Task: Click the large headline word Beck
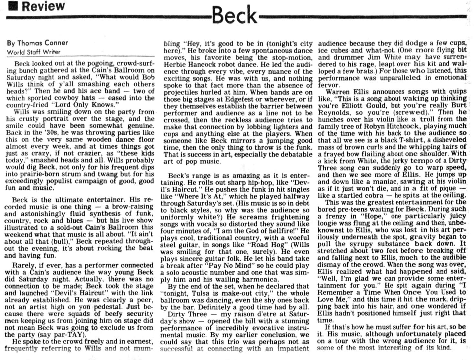coord(234,15)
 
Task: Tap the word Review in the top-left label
coord(43,6)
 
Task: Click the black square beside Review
coord(13,6)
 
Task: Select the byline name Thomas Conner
coord(42,43)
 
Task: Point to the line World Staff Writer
coord(34,52)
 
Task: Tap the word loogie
coord(328,223)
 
